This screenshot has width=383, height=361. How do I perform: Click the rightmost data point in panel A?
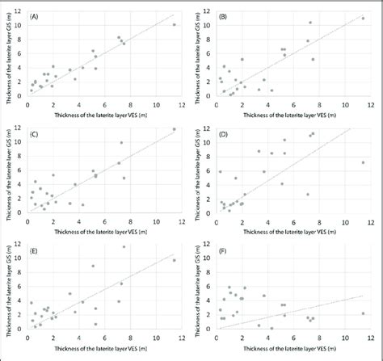[x=175, y=25]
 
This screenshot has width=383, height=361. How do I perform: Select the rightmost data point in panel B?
[x=364, y=17]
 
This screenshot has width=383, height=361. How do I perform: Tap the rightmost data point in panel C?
[x=175, y=129]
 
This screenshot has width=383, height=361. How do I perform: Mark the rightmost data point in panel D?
[x=364, y=162]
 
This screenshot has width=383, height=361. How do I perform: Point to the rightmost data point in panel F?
[x=364, y=313]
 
